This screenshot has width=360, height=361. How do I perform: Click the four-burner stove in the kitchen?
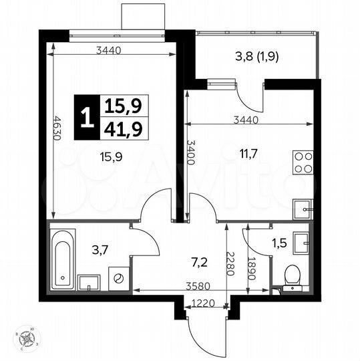(x=303, y=163)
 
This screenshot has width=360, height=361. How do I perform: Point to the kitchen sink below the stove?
(x=305, y=209)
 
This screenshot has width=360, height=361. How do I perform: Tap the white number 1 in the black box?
(x=85, y=118)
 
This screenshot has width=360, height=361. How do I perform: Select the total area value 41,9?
(x=116, y=128)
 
